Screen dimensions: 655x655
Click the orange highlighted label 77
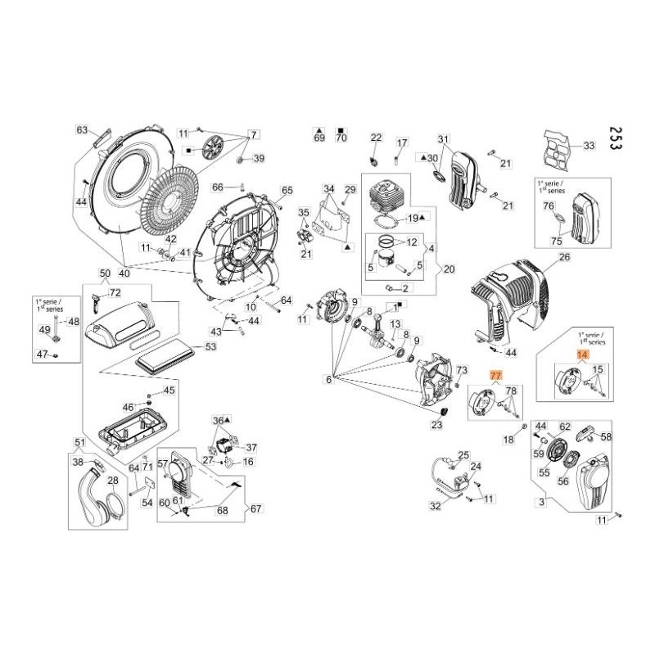495,376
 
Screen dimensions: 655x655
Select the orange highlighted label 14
582,355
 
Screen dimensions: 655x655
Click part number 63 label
82,130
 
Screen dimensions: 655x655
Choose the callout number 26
563,257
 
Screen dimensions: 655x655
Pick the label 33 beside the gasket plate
588,147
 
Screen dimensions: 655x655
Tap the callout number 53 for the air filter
210,347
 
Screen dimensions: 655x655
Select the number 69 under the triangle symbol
319,138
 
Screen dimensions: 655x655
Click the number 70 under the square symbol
341,138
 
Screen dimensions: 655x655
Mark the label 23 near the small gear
436,425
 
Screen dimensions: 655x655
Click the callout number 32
436,506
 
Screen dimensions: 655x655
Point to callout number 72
115,292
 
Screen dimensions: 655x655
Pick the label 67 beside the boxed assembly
255,508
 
